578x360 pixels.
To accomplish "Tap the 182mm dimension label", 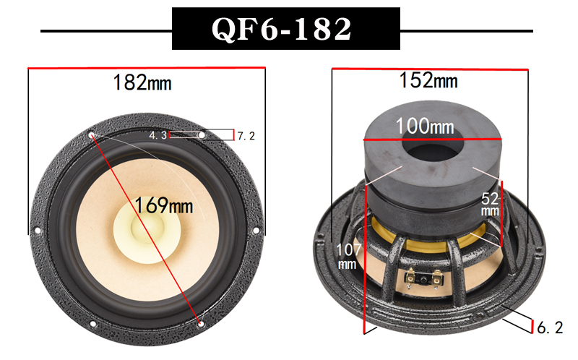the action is point(142,82).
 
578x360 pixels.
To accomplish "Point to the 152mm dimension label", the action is point(429,80).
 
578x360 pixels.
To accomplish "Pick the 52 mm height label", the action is point(489,203).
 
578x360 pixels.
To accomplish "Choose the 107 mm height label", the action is point(348,257).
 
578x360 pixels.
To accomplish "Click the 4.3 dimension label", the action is point(158,135).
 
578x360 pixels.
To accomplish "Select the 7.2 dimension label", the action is point(246,135).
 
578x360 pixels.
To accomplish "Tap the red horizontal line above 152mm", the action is point(431,69).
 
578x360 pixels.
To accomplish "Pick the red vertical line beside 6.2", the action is point(532,327).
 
